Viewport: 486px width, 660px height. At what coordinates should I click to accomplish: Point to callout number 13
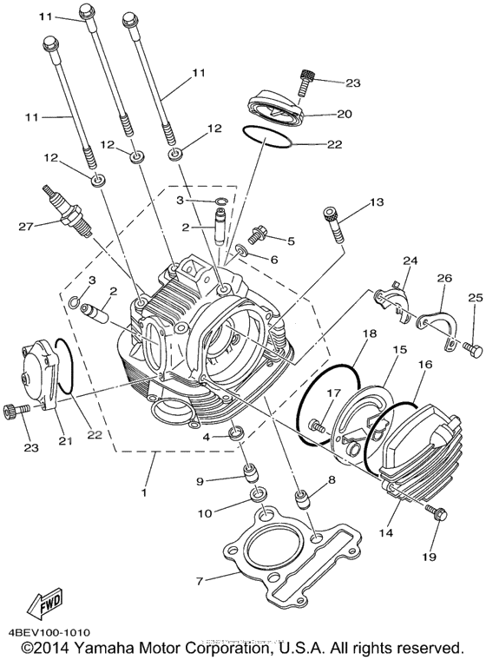click(x=375, y=202)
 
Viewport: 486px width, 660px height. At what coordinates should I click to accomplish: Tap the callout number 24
click(x=410, y=261)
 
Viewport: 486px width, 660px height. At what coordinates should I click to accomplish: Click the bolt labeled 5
click(x=256, y=234)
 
